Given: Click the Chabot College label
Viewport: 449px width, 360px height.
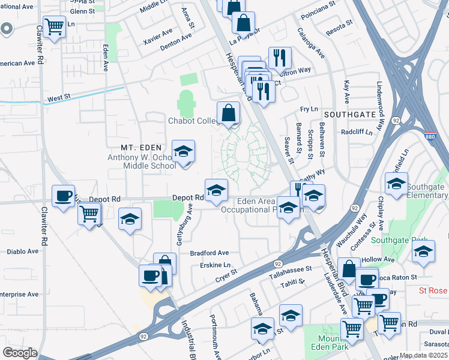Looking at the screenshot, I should pyautogui.click(x=193, y=121).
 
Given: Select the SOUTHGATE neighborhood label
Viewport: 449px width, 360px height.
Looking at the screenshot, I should pyautogui.click(x=350, y=113).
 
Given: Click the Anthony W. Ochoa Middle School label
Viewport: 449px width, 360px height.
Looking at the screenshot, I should pyautogui.click(x=142, y=161).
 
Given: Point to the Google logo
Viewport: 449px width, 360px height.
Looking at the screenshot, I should pyautogui.click(x=20, y=353).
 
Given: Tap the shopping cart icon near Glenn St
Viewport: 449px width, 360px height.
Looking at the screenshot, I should pyautogui.click(x=54, y=26).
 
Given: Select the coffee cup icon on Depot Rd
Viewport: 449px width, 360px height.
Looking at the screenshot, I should pyautogui.click(x=64, y=196).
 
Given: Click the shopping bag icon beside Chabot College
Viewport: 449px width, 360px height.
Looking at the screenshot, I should pyautogui.click(x=228, y=112).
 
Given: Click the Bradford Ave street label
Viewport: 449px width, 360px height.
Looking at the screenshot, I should pyautogui.click(x=209, y=253).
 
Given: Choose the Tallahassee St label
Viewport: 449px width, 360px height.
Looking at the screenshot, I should pyautogui.click(x=291, y=270).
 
